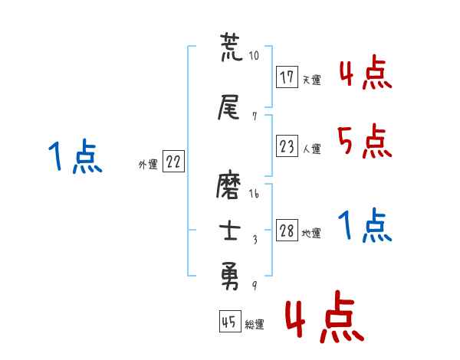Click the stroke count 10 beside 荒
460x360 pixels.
point(255,56)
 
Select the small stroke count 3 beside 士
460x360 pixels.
point(255,239)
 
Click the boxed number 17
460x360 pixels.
point(287,77)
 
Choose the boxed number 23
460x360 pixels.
point(287,148)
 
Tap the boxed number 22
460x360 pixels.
point(173,162)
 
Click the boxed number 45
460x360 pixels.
point(229,322)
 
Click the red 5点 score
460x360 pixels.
point(363,141)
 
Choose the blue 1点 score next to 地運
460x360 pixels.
point(363,225)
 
